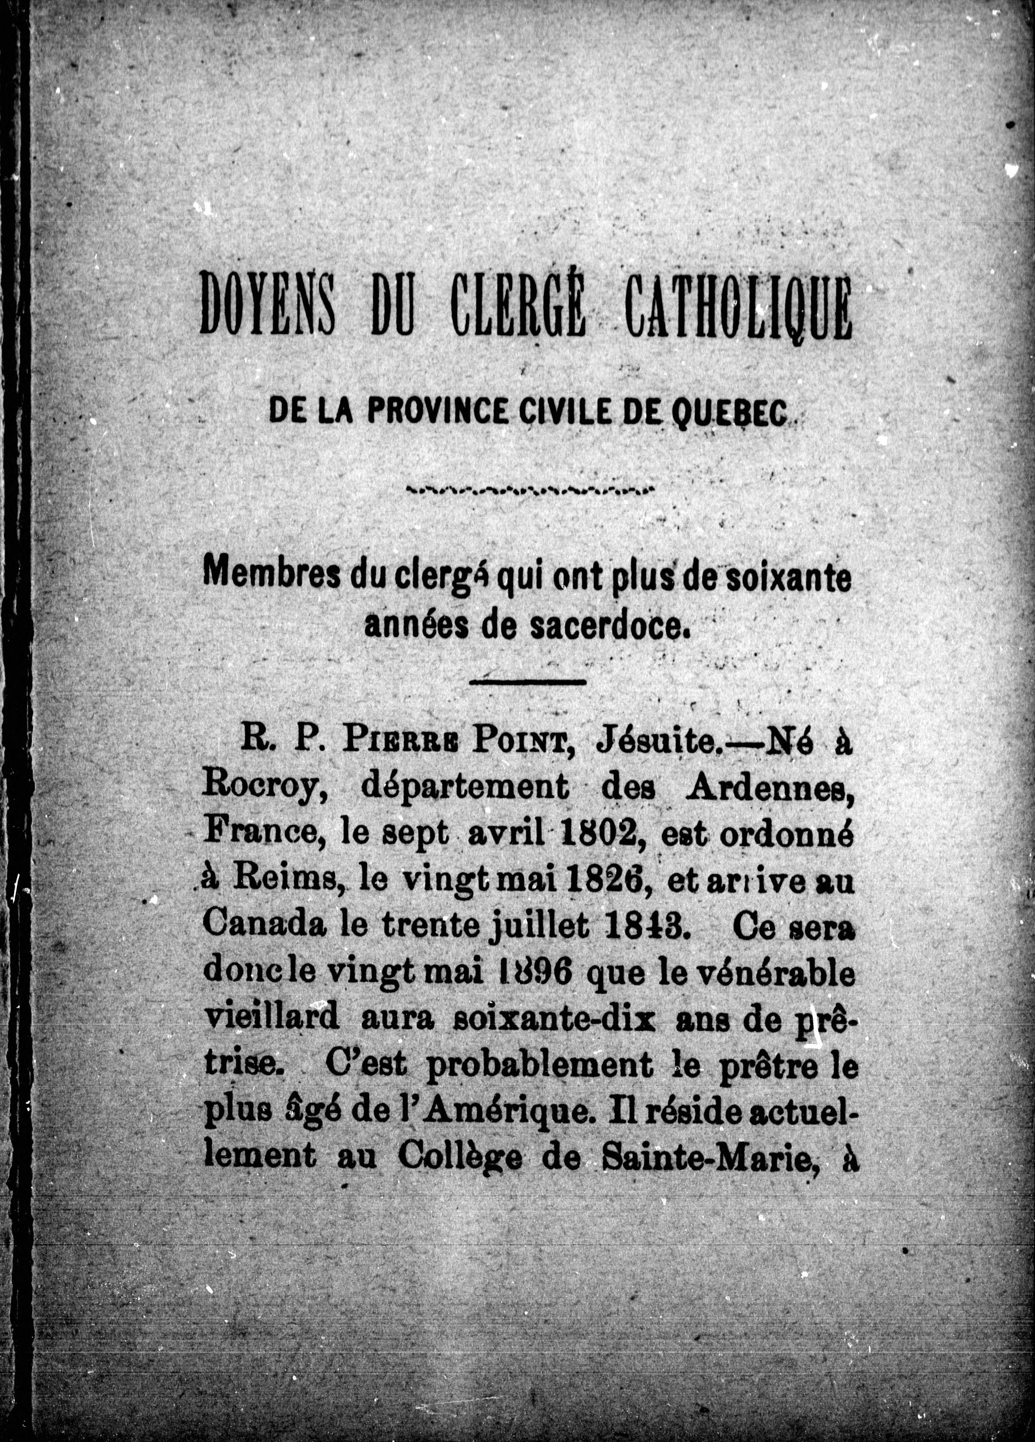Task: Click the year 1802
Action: tap(597, 835)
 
